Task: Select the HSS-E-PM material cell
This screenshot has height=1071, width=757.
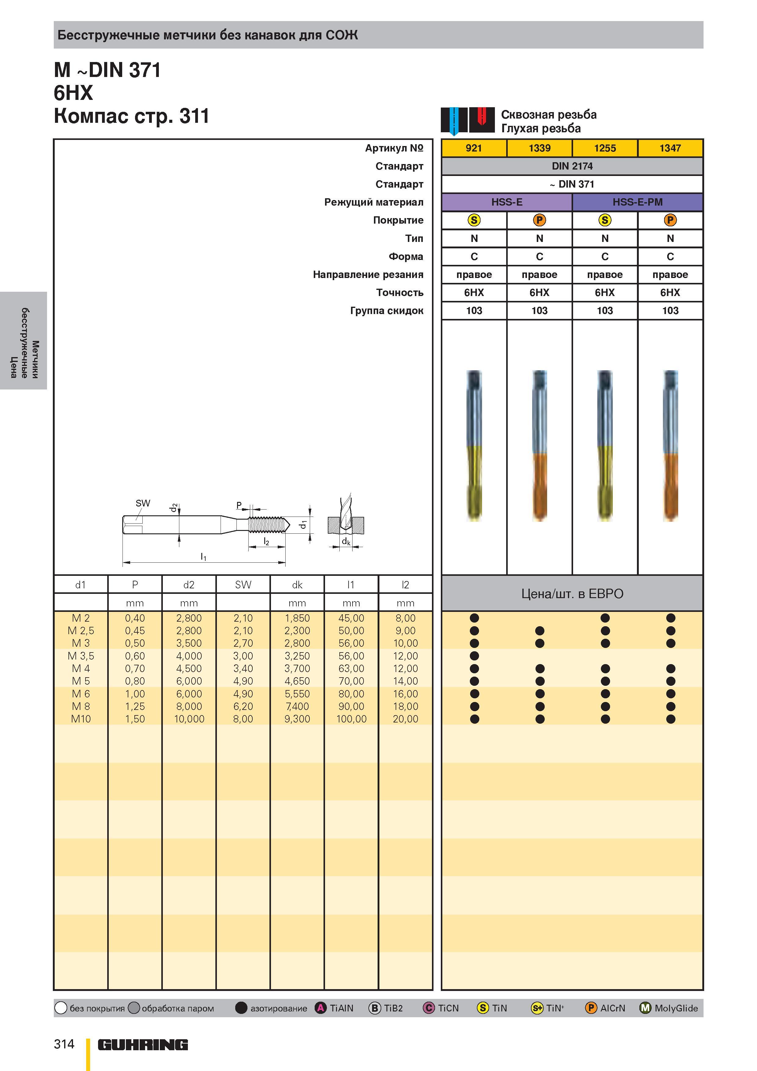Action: (637, 202)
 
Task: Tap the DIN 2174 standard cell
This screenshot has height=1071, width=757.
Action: (572, 166)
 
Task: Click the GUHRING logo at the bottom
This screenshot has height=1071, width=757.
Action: (143, 1045)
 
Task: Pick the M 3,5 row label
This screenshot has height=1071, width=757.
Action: (81, 656)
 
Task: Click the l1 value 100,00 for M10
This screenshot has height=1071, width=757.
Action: (351, 719)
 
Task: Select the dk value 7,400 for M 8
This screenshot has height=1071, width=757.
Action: (297, 706)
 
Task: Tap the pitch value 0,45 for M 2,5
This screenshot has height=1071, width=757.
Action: (135, 631)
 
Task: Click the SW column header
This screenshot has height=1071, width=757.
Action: (243, 584)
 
